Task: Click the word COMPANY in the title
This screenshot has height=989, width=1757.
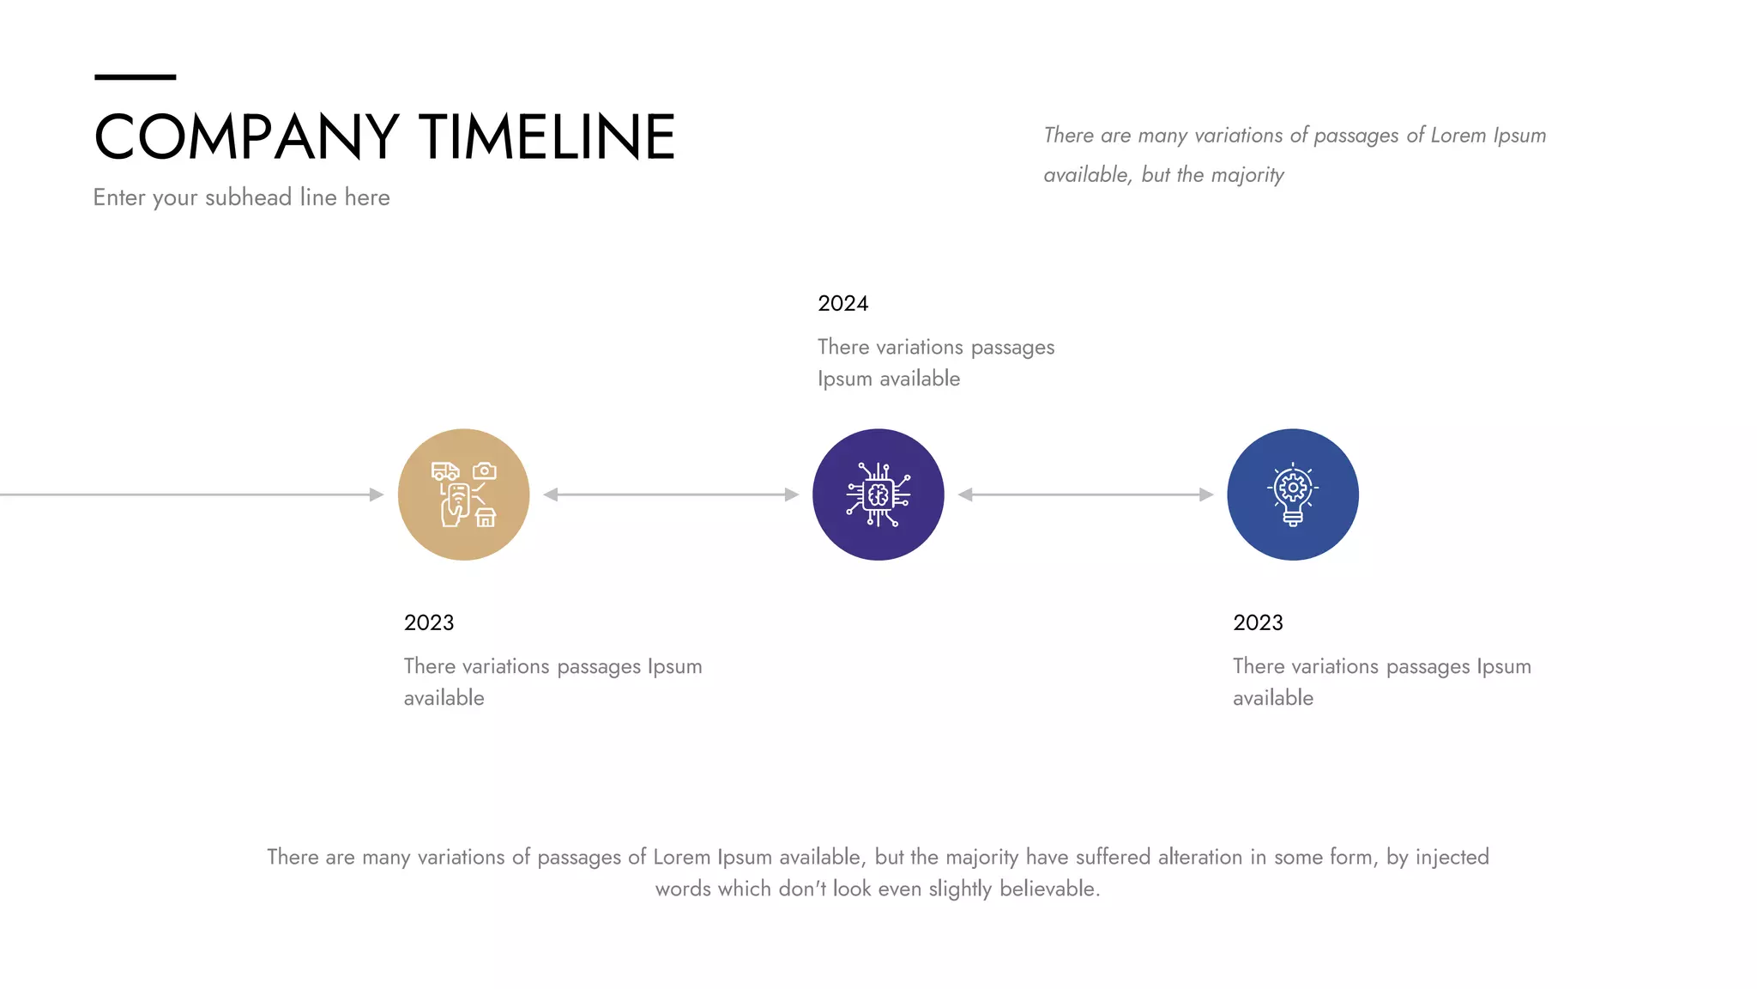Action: click(x=246, y=137)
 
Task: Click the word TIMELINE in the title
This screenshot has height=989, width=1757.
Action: click(x=547, y=137)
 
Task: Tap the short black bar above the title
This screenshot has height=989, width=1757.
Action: click(x=135, y=77)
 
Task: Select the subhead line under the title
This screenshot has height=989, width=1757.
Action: click(x=241, y=197)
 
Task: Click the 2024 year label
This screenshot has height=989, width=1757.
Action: click(x=842, y=304)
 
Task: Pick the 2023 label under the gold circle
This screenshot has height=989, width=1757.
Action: click(x=429, y=623)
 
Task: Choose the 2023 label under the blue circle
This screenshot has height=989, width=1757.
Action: click(x=1258, y=623)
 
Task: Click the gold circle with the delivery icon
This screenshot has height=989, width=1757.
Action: click(x=463, y=494)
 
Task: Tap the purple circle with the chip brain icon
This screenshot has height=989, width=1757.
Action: click(x=878, y=494)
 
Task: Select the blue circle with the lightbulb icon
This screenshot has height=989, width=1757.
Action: click(x=1293, y=494)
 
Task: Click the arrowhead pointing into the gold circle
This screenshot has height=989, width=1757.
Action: click(x=377, y=494)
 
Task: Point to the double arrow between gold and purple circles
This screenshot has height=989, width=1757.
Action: click(x=671, y=494)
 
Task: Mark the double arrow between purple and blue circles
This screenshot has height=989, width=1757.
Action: click(x=1085, y=494)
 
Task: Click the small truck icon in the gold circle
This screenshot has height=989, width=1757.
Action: click(x=444, y=471)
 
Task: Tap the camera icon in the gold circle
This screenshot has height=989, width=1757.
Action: click(x=485, y=470)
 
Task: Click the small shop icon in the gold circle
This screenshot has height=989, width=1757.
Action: click(x=486, y=518)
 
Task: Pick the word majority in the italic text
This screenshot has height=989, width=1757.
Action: click(x=1247, y=175)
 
